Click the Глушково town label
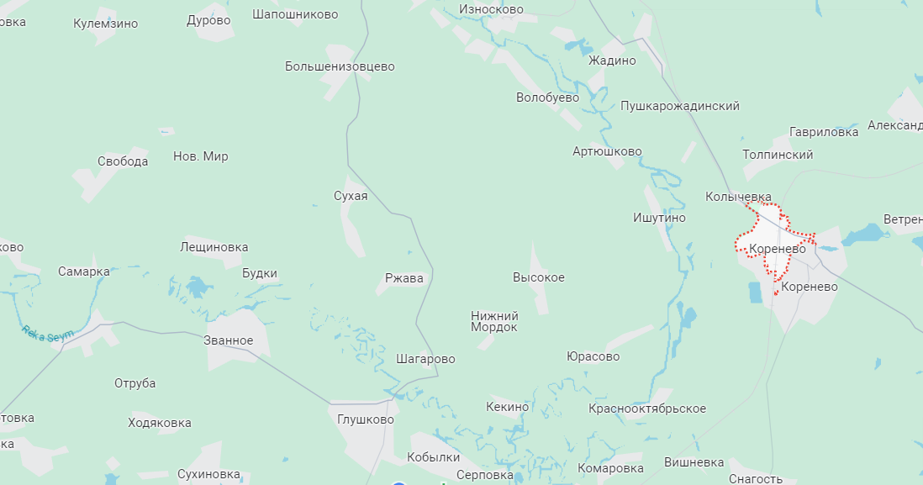pos(365,419)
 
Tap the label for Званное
pos(229,340)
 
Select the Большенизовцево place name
pos(340,66)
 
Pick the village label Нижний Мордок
pos(494,321)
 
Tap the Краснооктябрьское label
pos(647,409)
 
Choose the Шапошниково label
pos(295,14)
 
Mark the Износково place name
pos(491,9)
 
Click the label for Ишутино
pos(659,218)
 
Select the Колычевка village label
pos(738,197)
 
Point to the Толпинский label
pos(778,155)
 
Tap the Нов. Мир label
pos(200,156)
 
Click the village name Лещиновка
pos(214,247)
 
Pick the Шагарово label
pos(425,359)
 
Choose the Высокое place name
pos(539,277)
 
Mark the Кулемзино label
pos(105,24)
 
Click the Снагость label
pos(756,479)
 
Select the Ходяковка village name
pos(160,423)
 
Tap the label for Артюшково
pos(607,151)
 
